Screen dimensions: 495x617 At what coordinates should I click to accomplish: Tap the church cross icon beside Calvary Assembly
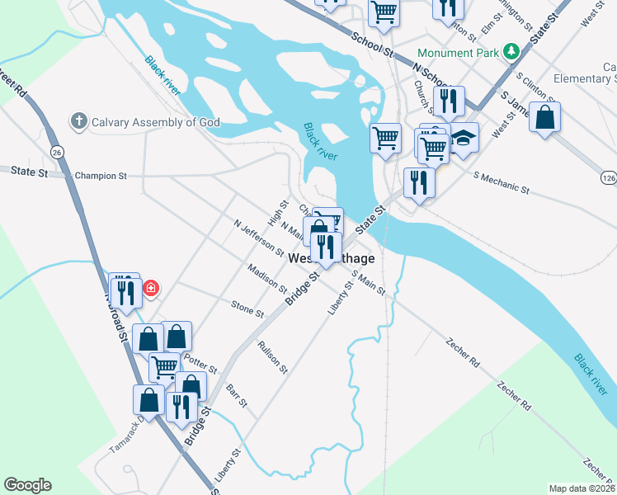(x=79, y=122)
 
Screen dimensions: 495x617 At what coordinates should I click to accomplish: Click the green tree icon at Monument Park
(x=511, y=51)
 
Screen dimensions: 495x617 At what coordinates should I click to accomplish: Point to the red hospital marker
(x=151, y=288)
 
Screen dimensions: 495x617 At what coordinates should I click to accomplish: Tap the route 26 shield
(x=56, y=152)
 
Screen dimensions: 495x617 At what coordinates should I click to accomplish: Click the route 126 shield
(x=608, y=177)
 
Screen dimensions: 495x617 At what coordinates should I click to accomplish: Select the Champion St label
(x=101, y=176)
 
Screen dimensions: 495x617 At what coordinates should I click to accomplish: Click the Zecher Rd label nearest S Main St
(x=462, y=351)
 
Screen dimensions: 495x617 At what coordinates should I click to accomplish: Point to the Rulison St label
(x=272, y=356)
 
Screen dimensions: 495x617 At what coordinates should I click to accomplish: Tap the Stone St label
(x=247, y=309)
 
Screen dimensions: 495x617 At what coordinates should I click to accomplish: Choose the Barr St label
(x=237, y=397)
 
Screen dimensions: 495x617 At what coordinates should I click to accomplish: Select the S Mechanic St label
(x=501, y=181)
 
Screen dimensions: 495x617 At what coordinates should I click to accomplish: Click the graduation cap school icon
(x=464, y=137)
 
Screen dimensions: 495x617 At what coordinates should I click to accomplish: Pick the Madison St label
(x=266, y=279)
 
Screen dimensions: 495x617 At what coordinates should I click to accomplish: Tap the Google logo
(x=27, y=485)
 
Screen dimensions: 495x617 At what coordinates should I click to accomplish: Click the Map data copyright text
(x=582, y=488)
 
